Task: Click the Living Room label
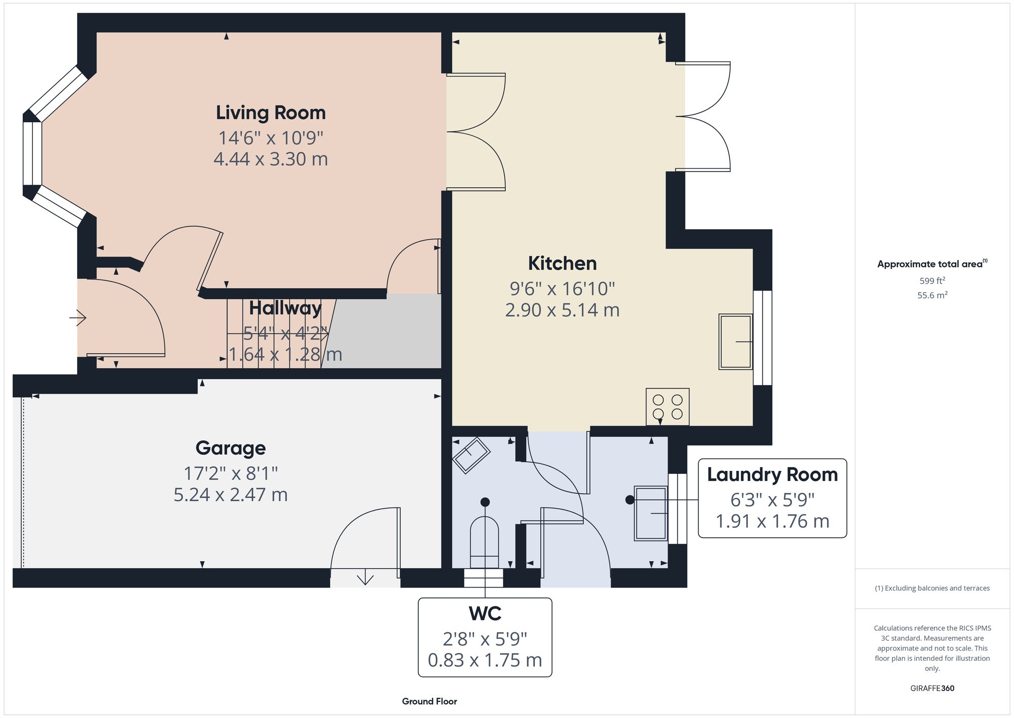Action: pos(271,113)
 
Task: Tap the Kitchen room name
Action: pos(562,263)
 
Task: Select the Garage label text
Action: pos(231,448)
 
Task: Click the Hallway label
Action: pos(285,308)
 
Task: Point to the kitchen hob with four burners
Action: pos(667,406)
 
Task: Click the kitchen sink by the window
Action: pos(735,341)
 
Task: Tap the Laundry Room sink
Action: pos(650,514)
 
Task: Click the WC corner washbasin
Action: pos(471,455)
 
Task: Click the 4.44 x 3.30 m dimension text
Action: pos(271,159)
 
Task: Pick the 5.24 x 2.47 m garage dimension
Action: pos(231,495)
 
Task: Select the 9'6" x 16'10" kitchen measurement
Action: pos(562,289)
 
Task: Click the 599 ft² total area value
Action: pos(932,281)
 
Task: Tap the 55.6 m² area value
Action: pos(932,295)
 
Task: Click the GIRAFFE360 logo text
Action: pos(932,688)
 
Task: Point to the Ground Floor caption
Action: pos(429,701)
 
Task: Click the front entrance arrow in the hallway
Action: pos(78,318)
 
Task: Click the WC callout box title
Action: pos(485,613)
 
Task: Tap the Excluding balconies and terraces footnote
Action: pos(932,588)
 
